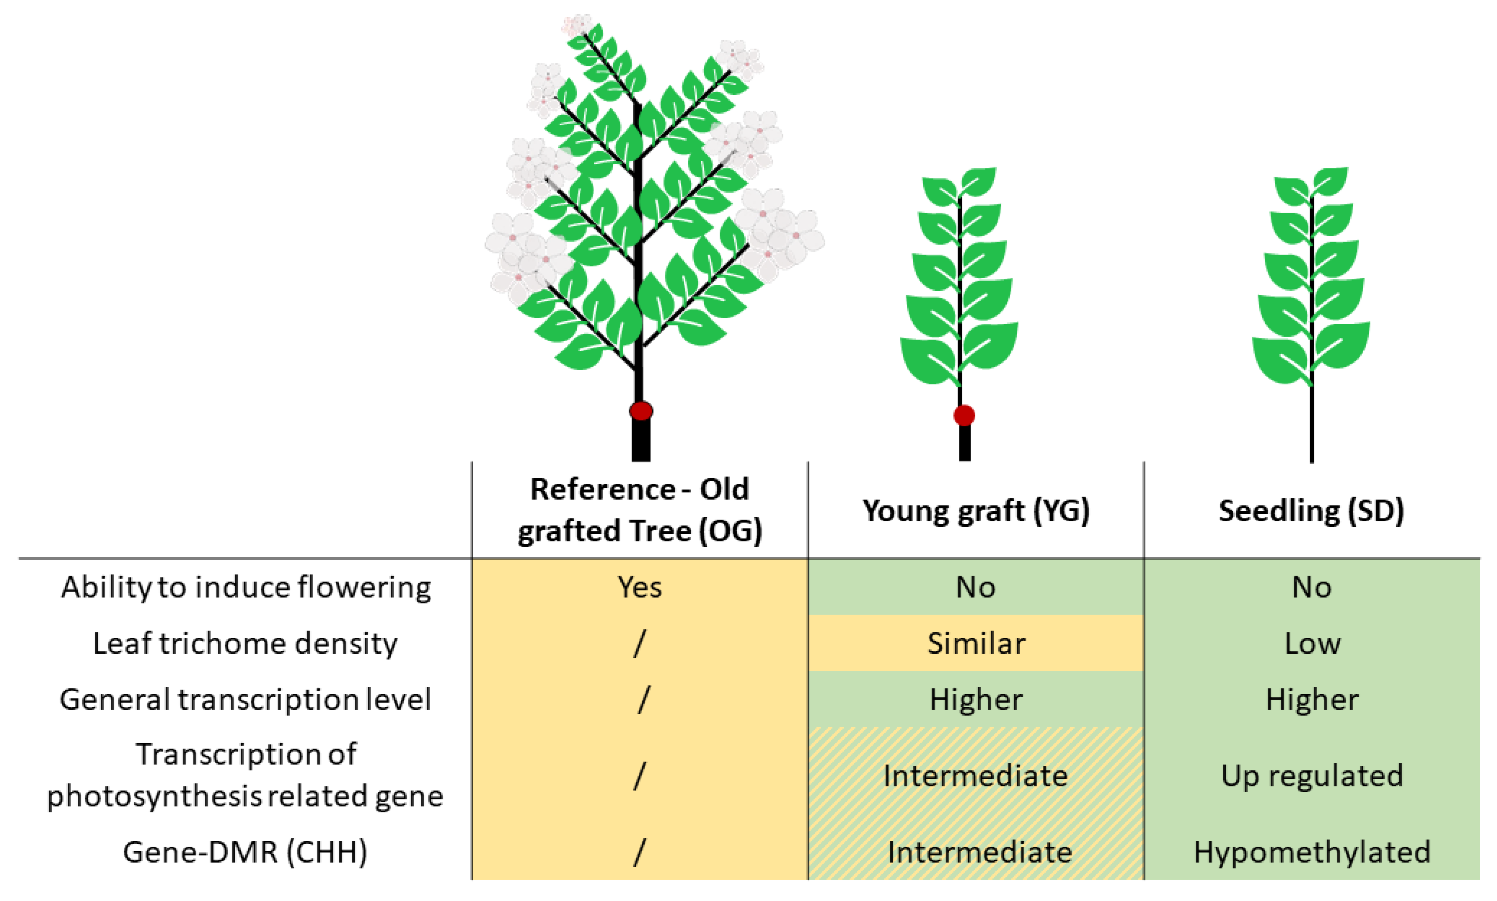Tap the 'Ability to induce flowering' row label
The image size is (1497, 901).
pyautogui.click(x=246, y=587)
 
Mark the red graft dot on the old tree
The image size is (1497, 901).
pyautogui.click(x=641, y=411)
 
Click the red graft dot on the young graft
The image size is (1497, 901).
pyautogui.click(x=964, y=416)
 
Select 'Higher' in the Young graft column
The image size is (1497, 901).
pyautogui.click(x=976, y=699)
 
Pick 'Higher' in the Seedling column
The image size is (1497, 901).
pyautogui.click(x=1312, y=699)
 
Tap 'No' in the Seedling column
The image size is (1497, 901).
pyautogui.click(x=1312, y=587)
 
